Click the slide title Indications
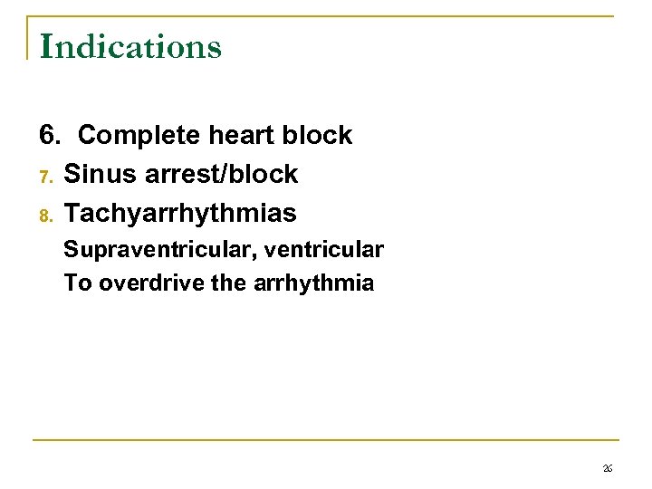click(x=130, y=46)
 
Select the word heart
click(x=240, y=136)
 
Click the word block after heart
click(x=316, y=136)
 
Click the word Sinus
click(x=98, y=174)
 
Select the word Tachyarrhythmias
click(x=180, y=214)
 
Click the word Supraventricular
click(x=159, y=249)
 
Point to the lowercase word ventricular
click(x=324, y=249)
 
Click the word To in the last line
click(x=78, y=283)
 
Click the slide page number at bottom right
click(x=608, y=467)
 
